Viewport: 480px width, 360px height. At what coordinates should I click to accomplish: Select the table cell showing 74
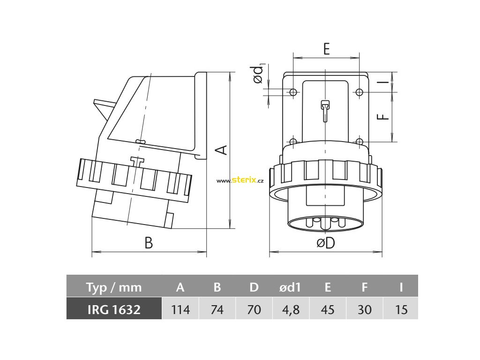217,309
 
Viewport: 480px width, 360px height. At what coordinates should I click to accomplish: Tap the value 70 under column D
254,309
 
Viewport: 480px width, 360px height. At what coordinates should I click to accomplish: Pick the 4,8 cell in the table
291,309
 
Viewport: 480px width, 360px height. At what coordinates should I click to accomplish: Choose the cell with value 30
364,309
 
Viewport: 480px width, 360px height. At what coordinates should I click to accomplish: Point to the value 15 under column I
401,309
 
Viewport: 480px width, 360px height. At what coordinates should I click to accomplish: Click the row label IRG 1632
113,309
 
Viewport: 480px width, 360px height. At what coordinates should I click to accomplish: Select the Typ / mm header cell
113,287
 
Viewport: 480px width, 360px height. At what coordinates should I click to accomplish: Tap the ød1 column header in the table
291,287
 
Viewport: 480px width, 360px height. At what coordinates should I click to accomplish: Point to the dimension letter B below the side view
148,243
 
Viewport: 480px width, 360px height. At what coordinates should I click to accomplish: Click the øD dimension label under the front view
325,243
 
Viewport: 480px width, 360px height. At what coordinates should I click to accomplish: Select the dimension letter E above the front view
326,48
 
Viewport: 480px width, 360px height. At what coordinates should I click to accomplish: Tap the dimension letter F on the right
384,114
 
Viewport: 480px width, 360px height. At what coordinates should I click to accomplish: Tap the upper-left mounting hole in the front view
293,92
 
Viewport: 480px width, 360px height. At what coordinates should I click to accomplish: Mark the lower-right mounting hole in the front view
359,142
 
